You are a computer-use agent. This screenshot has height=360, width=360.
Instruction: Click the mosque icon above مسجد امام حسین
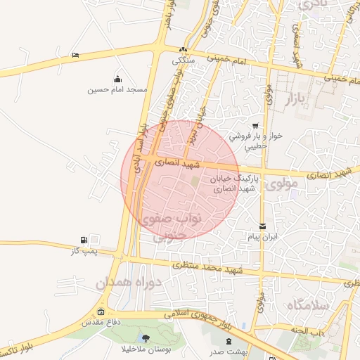(117, 79)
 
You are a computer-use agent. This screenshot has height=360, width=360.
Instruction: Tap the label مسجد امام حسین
(116, 90)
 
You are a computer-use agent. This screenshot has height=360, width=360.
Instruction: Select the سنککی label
(184, 60)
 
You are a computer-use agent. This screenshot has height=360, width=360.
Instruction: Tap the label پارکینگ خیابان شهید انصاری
(235, 184)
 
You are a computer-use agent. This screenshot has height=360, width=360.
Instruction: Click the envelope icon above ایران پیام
(262, 226)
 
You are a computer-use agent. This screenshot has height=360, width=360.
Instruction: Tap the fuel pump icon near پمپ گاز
(85, 240)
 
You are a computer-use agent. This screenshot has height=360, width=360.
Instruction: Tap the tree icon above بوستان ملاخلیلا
(146, 338)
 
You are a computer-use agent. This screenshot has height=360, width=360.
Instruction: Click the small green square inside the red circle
(195, 184)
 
